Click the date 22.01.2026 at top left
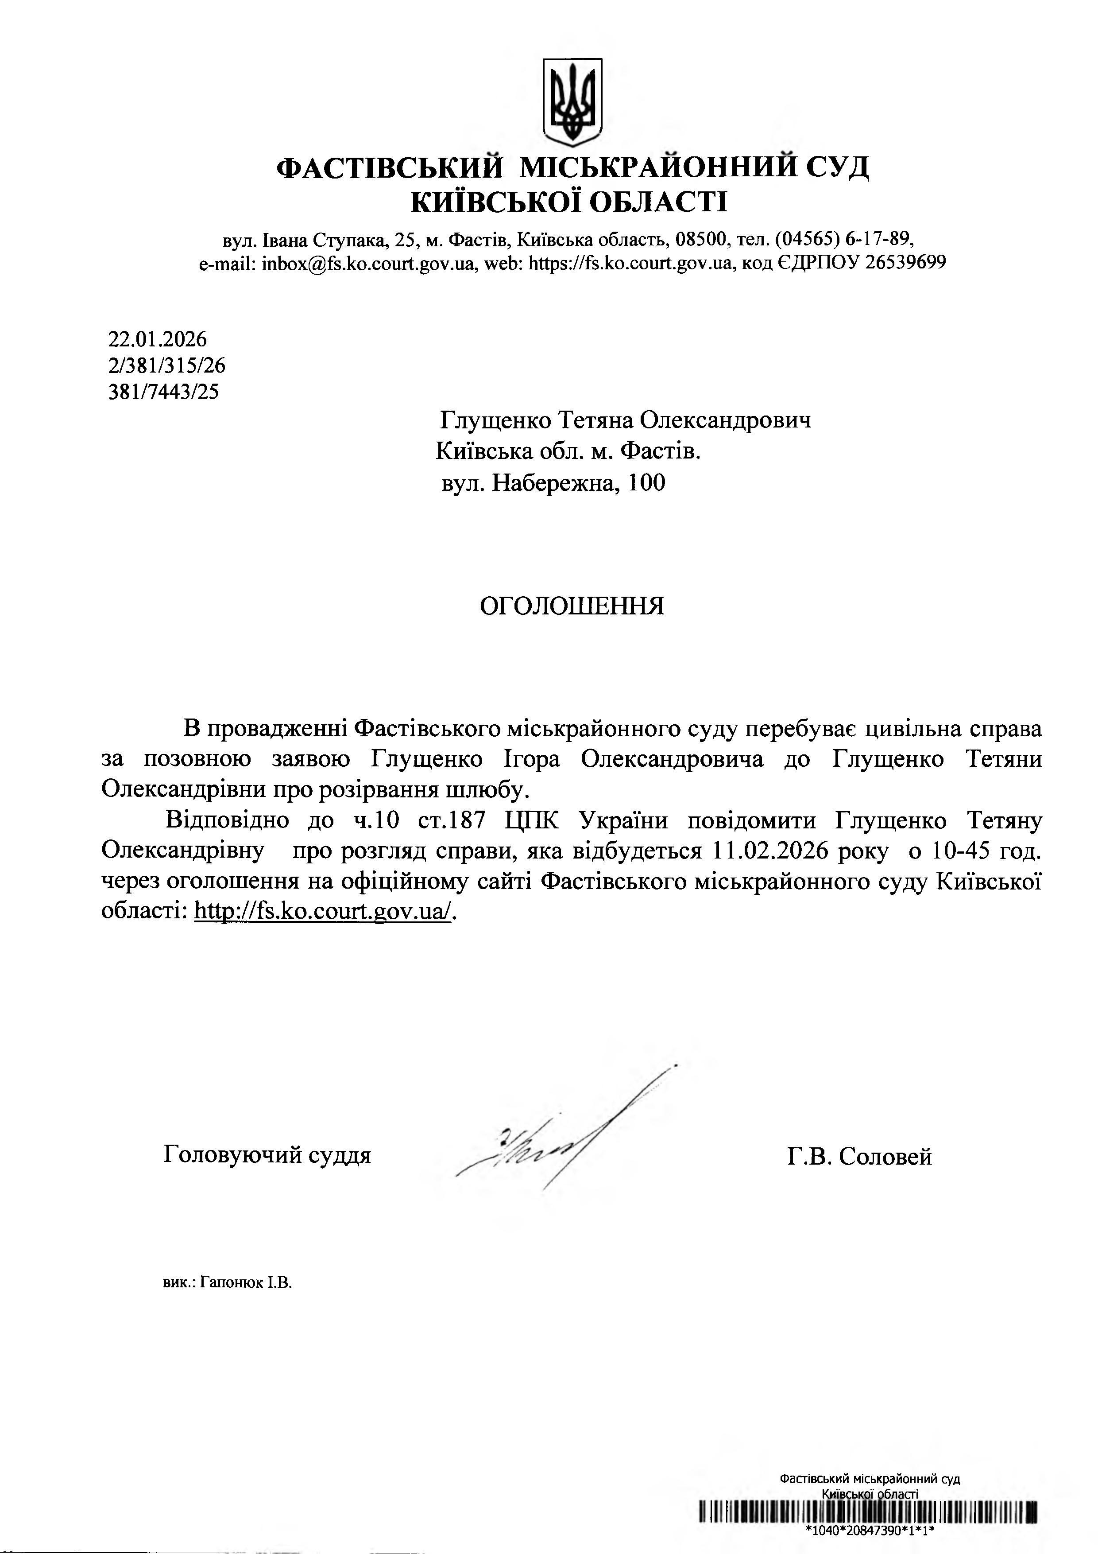(x=157, y=339)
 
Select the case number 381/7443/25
(x=164, y=392)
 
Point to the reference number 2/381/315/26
(x=166, y=365)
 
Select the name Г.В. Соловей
(x=859, y=1156)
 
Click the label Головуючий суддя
(x=267, y=1154)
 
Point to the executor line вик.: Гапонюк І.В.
(x=227, y=1282)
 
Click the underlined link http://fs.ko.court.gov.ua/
(x=323, y=911)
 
